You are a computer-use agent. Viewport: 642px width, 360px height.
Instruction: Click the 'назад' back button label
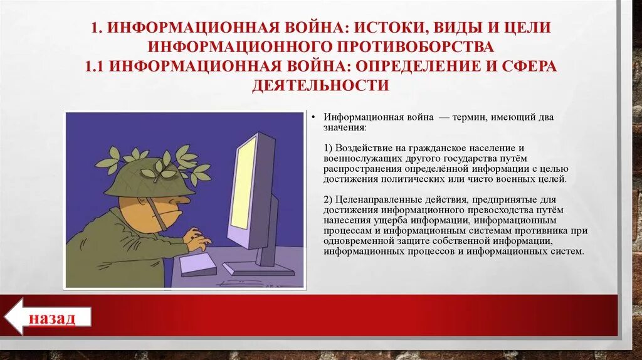point(51,319)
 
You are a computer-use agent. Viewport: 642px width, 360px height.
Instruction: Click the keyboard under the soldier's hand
point(197,263)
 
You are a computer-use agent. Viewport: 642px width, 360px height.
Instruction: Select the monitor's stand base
point(259,268)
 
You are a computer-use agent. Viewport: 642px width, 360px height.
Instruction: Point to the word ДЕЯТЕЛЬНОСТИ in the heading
point(321,85)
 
